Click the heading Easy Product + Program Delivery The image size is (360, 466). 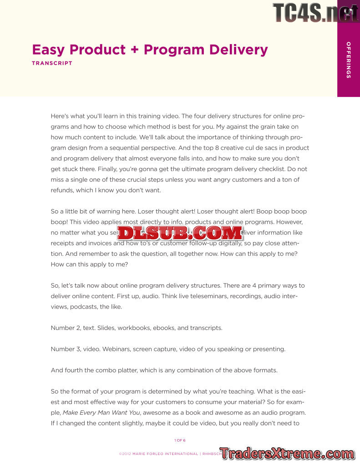point(150,50)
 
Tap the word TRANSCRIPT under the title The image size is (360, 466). point(52,63)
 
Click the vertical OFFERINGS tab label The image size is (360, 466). point(348,60)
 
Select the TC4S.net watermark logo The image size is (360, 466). point(315,12)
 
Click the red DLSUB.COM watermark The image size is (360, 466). point(180,233)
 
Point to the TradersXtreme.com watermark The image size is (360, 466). point(288,453)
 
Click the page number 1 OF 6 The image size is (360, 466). point(180,440)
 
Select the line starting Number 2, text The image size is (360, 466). point(137,328)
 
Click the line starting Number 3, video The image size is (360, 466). point(168,349)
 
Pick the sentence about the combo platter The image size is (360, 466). point(164,370)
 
